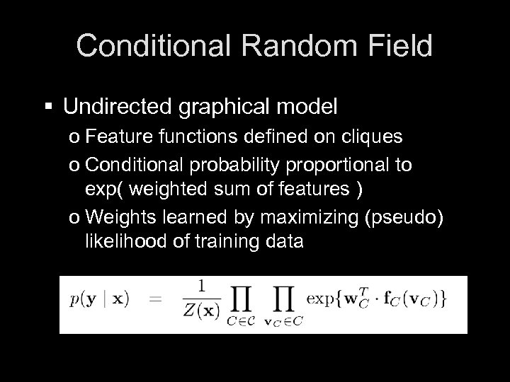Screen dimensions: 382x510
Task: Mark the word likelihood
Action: (118, 242)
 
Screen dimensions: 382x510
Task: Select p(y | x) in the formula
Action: (110, 299)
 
